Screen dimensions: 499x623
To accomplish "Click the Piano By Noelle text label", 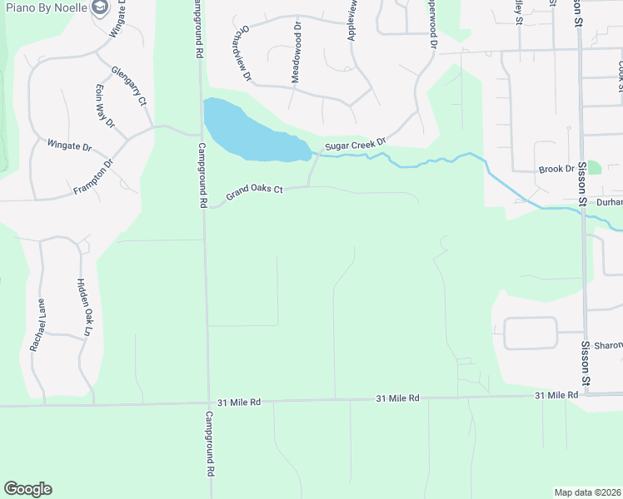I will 43,7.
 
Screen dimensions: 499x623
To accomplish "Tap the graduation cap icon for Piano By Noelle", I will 100,7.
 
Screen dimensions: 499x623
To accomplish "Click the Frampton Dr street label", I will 92,175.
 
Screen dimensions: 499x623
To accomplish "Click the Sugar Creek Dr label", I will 356,145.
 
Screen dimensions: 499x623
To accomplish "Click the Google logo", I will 27,489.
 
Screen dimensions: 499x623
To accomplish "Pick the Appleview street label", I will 350,22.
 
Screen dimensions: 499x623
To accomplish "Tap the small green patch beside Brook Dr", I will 594,167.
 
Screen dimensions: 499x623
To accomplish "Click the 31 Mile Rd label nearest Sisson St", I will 556,395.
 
